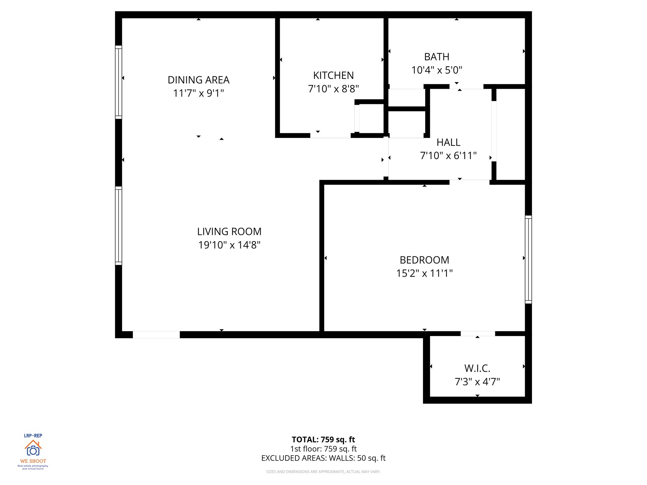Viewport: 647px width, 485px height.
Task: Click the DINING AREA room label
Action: [198, 80]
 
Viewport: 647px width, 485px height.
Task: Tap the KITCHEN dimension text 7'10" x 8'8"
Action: [333, 89]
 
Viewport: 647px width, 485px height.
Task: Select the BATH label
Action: [437, 57]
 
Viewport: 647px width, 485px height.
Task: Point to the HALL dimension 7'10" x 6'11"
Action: [448, 156]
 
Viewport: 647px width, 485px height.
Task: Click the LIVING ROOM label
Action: [229, 231]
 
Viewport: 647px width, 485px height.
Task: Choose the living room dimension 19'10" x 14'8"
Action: [229, 245]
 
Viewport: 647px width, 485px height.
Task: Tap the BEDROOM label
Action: [424, 260]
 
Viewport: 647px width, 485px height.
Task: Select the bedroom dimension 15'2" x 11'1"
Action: [424, 273]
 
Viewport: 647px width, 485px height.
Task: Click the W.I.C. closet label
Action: [477, 368]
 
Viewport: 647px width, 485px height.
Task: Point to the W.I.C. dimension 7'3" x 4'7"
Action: [477, 382]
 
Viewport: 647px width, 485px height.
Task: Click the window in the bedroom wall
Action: [528, 259]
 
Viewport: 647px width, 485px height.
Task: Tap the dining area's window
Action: [118, 82]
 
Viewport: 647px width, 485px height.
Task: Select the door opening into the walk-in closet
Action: [478, 333]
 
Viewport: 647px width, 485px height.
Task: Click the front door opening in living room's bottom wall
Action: [156, 335]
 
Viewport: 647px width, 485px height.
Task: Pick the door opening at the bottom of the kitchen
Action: [330, 135]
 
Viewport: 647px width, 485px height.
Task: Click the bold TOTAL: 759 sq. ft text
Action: [323, 440]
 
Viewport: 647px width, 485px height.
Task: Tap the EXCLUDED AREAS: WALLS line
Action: [323, 458]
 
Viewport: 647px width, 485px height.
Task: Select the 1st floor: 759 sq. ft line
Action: [323, 449]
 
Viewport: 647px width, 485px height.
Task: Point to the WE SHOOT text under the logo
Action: [33, 461]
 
